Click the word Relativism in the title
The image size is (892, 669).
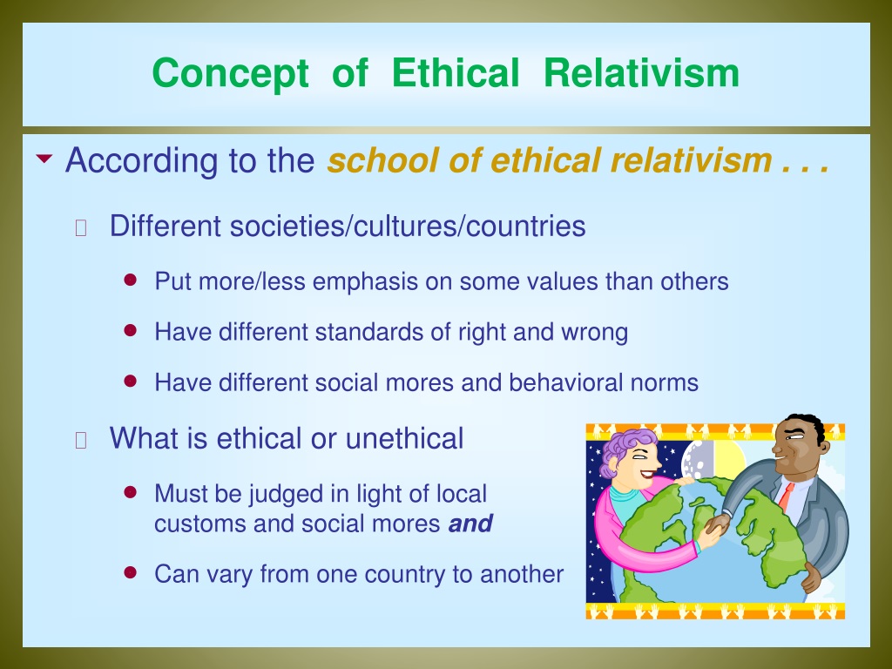point(641,73)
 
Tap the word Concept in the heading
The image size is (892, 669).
point(230,74)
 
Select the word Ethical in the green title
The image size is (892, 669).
point(456,73)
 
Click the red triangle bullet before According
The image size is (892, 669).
point(44,159)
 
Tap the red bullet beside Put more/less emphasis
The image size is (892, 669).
point(131,280)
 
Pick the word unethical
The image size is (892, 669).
point(404,439)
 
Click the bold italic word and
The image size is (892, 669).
point(470,524)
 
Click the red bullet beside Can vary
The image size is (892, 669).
point(131,572)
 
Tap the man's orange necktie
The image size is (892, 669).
point(786,496)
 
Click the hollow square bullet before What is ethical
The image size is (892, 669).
point(81,440)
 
